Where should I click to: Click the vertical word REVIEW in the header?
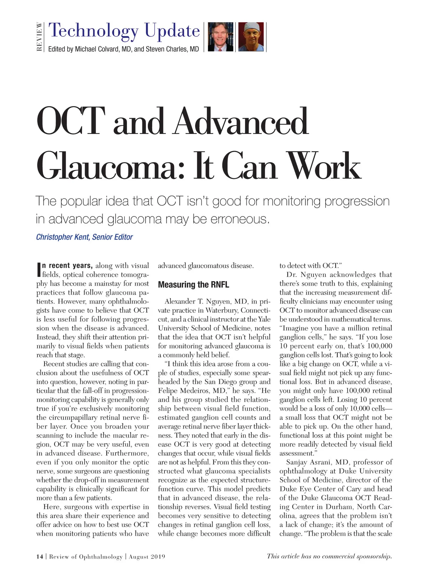[39, 37]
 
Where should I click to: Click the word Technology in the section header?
[93, 31]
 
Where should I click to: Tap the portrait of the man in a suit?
[220, 37]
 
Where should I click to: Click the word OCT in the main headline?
[71, 121]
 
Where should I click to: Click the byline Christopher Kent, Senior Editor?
[85, 237]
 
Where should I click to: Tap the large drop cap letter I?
[39, 270]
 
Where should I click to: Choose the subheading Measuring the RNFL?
[193, 285]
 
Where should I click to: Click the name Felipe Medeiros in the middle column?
[191, 391]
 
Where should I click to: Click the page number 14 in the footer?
[40, 556]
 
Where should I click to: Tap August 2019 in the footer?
[147, 556]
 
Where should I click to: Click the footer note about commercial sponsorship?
[329, 556]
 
